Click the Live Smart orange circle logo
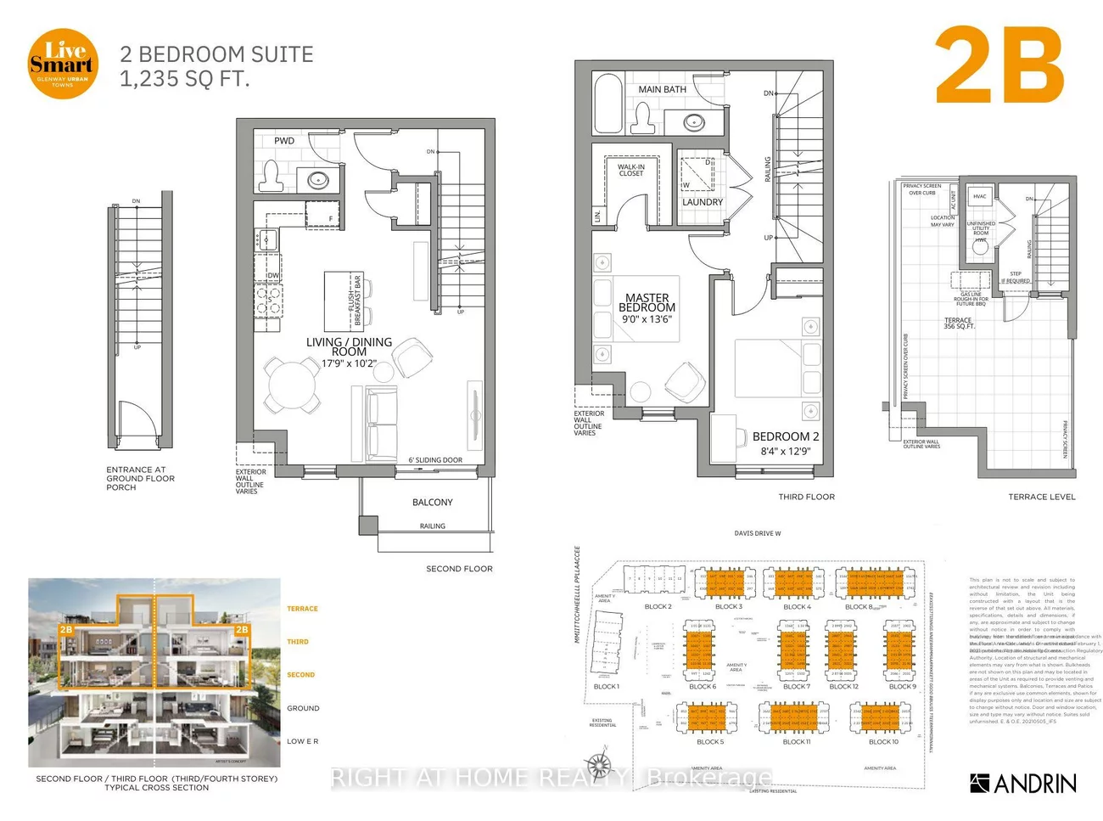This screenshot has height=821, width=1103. pos(63,64)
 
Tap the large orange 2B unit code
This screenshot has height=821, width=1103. pos(999,66)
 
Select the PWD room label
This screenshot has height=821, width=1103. pos(284,141)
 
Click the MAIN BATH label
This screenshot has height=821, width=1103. pos(662,89)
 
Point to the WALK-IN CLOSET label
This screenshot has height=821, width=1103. pos(630,171)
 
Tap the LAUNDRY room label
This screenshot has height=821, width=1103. pos(703,202)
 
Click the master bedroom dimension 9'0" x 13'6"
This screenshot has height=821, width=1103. pos(647,319)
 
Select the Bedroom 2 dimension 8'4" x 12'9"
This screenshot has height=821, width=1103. pos(786,452)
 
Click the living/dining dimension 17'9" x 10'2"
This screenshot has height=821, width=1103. pos(349,363)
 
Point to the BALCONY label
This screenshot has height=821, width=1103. pos(433,503)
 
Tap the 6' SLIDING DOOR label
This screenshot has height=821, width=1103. pos(435,460)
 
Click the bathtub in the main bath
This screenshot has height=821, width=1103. pos(609,104)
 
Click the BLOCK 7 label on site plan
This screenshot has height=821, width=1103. pos(796,687)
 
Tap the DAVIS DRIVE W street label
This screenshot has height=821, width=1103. pos(758,534)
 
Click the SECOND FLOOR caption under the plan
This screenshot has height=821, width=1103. pos(459,569)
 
